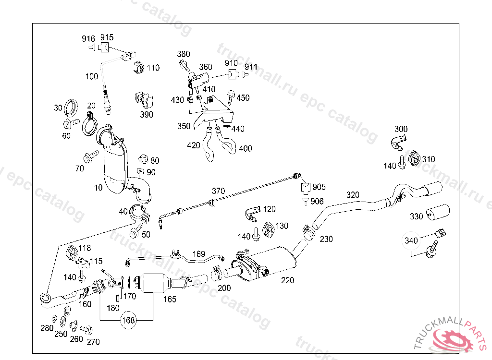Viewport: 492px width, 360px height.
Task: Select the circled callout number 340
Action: (x=411, y=240)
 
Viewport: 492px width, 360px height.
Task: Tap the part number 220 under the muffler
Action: (x=287, y=281)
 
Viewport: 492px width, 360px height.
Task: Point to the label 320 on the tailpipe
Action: (x=353, y=195)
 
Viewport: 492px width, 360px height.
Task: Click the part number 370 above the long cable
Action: (x=218, y=191)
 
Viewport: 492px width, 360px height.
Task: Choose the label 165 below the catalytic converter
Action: (x=170, y=300)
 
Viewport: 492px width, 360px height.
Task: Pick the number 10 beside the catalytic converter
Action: (x=98, y=188)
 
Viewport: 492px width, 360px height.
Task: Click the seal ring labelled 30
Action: (x=72, y=108)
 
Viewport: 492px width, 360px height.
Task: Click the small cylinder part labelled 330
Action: (x=438, y=212)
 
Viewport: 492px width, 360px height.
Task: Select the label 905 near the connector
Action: (x=319, y=187)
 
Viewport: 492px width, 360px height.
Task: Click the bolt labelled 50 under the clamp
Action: (x=135, y=232)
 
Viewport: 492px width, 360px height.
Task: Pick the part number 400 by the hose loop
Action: (x=245, y=149)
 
